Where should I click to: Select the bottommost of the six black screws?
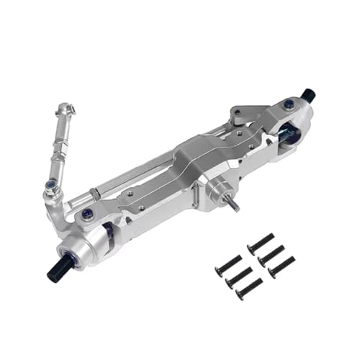247,290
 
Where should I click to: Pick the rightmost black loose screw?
282,266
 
